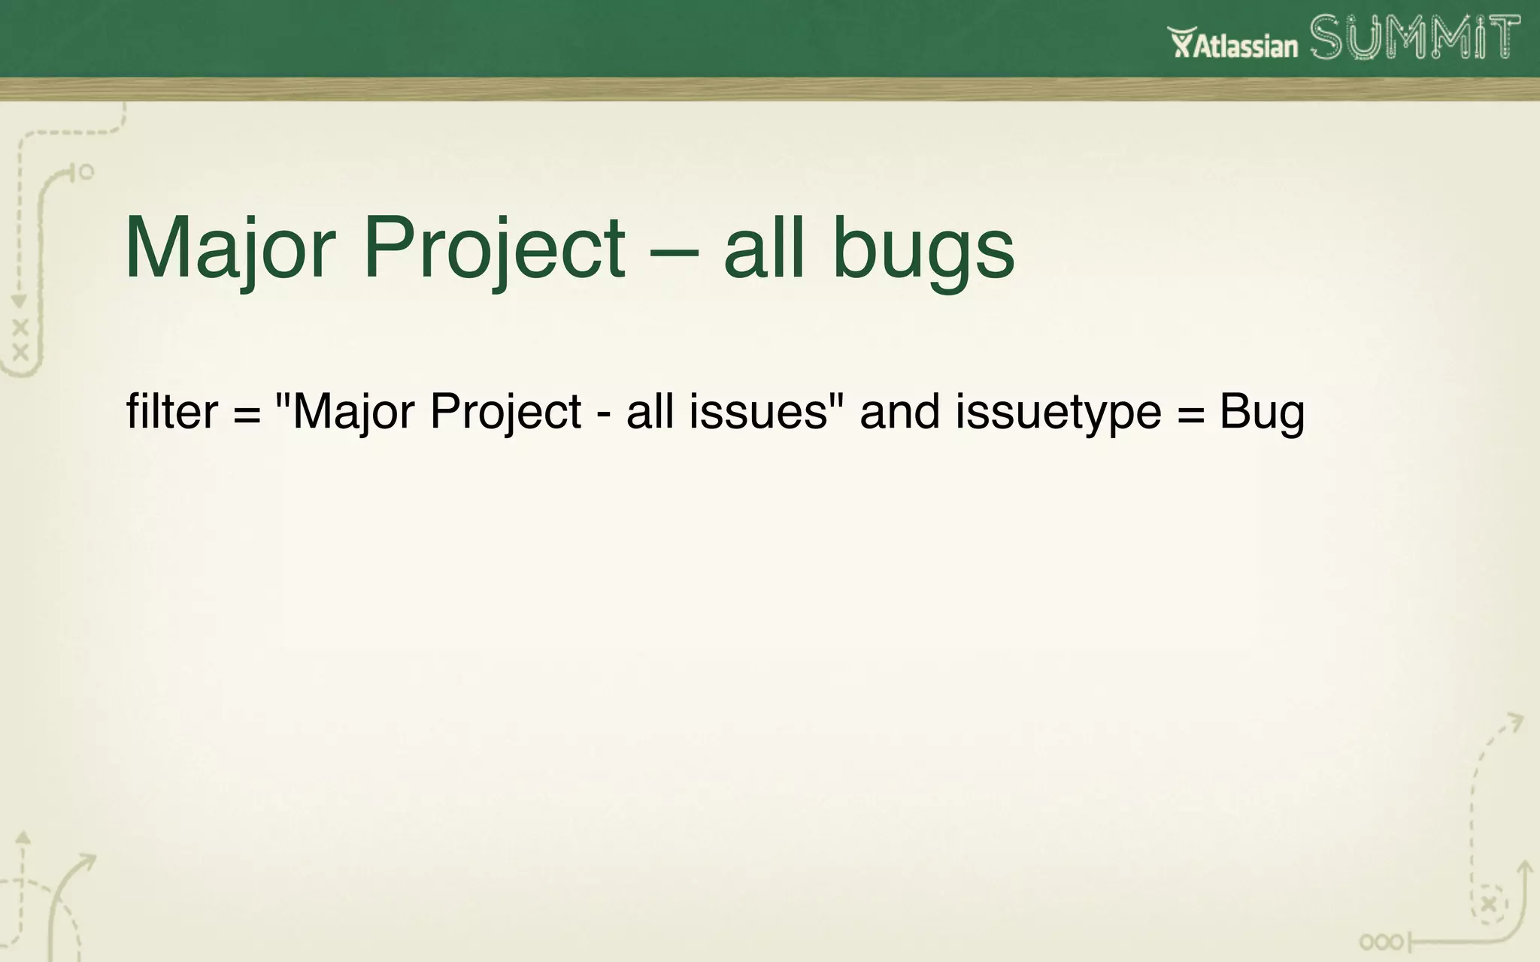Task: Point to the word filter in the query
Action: [171, 412]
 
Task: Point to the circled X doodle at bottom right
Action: [1489, 904]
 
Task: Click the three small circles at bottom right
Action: [1381, 942]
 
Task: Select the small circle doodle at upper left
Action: [86, 172]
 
